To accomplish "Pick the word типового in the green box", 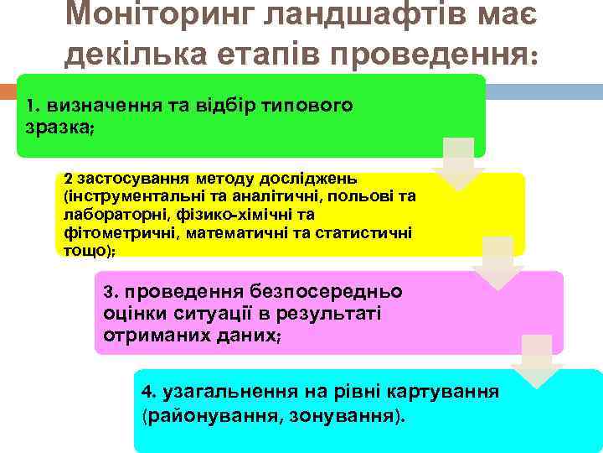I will tap(311, 107).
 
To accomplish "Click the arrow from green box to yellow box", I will tap(458, 164).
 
